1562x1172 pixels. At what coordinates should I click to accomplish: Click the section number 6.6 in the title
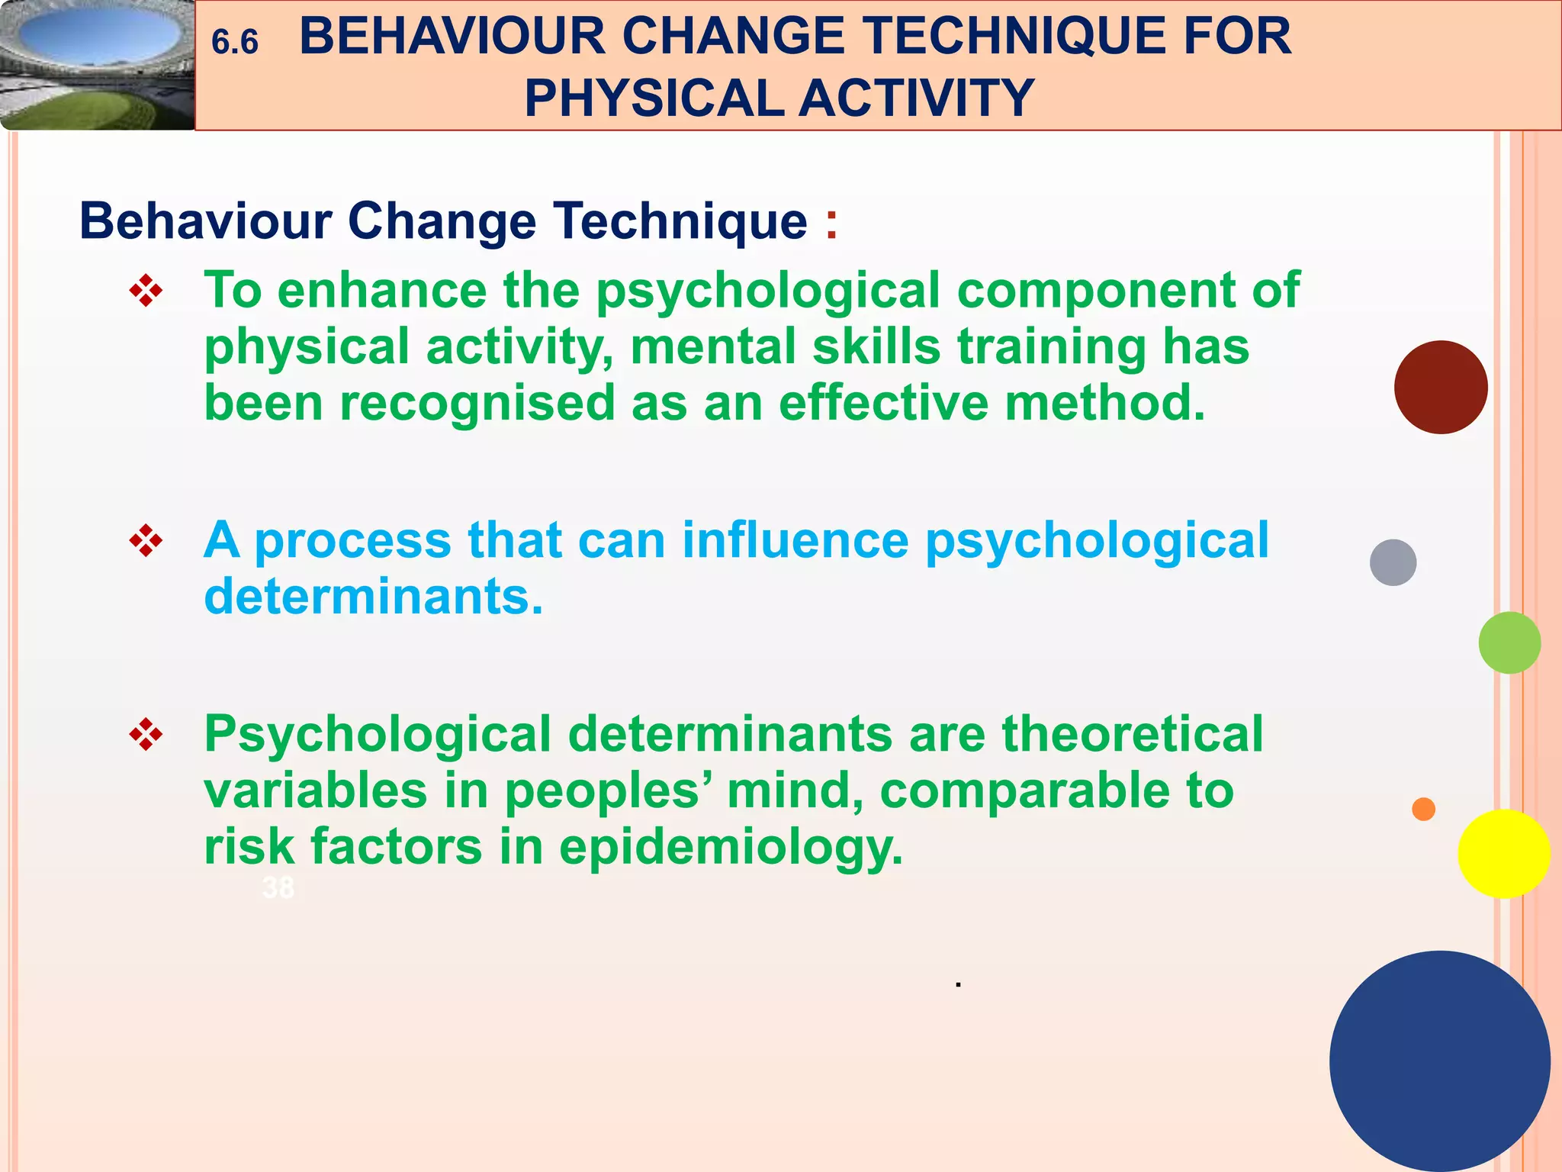pos(235,42)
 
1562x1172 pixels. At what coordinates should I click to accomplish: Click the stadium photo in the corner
pos(97,65)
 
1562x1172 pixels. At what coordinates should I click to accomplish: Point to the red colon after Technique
pos(831,224)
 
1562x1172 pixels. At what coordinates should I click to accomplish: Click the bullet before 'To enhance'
pos(146,291)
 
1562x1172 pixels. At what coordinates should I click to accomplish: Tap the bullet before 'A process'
pos(146,542)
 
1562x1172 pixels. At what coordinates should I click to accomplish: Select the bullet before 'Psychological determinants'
pos(146,736)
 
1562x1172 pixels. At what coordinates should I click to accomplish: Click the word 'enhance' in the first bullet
pos(381,291)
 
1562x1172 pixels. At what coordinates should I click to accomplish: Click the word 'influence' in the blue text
pos(795,540)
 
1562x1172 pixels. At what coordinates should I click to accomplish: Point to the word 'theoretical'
pos(1132,734)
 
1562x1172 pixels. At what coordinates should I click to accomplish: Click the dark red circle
pos(1440,388)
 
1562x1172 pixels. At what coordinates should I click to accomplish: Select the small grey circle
pos(1393,562)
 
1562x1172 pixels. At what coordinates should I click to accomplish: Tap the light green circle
pos(1509,642)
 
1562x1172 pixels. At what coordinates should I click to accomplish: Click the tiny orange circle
pos(1423,809)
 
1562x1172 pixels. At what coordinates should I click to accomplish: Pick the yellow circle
pos(1503,854)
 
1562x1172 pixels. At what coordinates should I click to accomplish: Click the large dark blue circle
pos(1439,1061)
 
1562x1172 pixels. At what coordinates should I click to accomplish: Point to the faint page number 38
pos(278,887)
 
